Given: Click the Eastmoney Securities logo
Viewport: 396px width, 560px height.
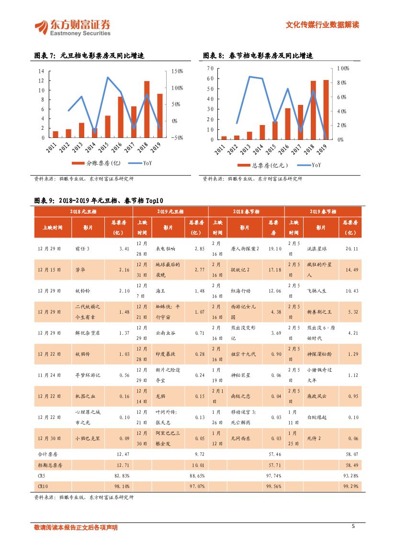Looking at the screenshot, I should [x=72, y=27].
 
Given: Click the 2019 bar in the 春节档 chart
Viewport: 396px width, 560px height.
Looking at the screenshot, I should [x=326, y=110].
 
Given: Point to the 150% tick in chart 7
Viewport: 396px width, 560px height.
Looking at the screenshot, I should [x=177, y=71].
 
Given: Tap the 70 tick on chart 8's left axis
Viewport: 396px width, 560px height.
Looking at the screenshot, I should [x=210, y=69].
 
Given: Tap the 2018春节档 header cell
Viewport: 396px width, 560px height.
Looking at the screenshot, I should [x=246, y=211].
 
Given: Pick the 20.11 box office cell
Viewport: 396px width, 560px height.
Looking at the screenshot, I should [x=351, y=249].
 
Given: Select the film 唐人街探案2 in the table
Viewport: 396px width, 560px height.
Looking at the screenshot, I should [x=245, y=249].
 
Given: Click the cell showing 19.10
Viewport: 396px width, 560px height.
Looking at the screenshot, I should [x=274, y=249].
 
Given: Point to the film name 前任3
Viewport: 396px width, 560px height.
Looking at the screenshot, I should [x=82, y=249].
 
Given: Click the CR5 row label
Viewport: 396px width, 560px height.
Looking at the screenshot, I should [x=42, y=475].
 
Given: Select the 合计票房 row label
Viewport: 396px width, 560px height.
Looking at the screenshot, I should [x=47, y=453].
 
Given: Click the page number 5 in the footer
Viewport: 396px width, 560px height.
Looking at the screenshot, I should [x=353, y=527].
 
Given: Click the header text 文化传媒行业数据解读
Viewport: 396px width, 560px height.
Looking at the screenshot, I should [x=322, y=25].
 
